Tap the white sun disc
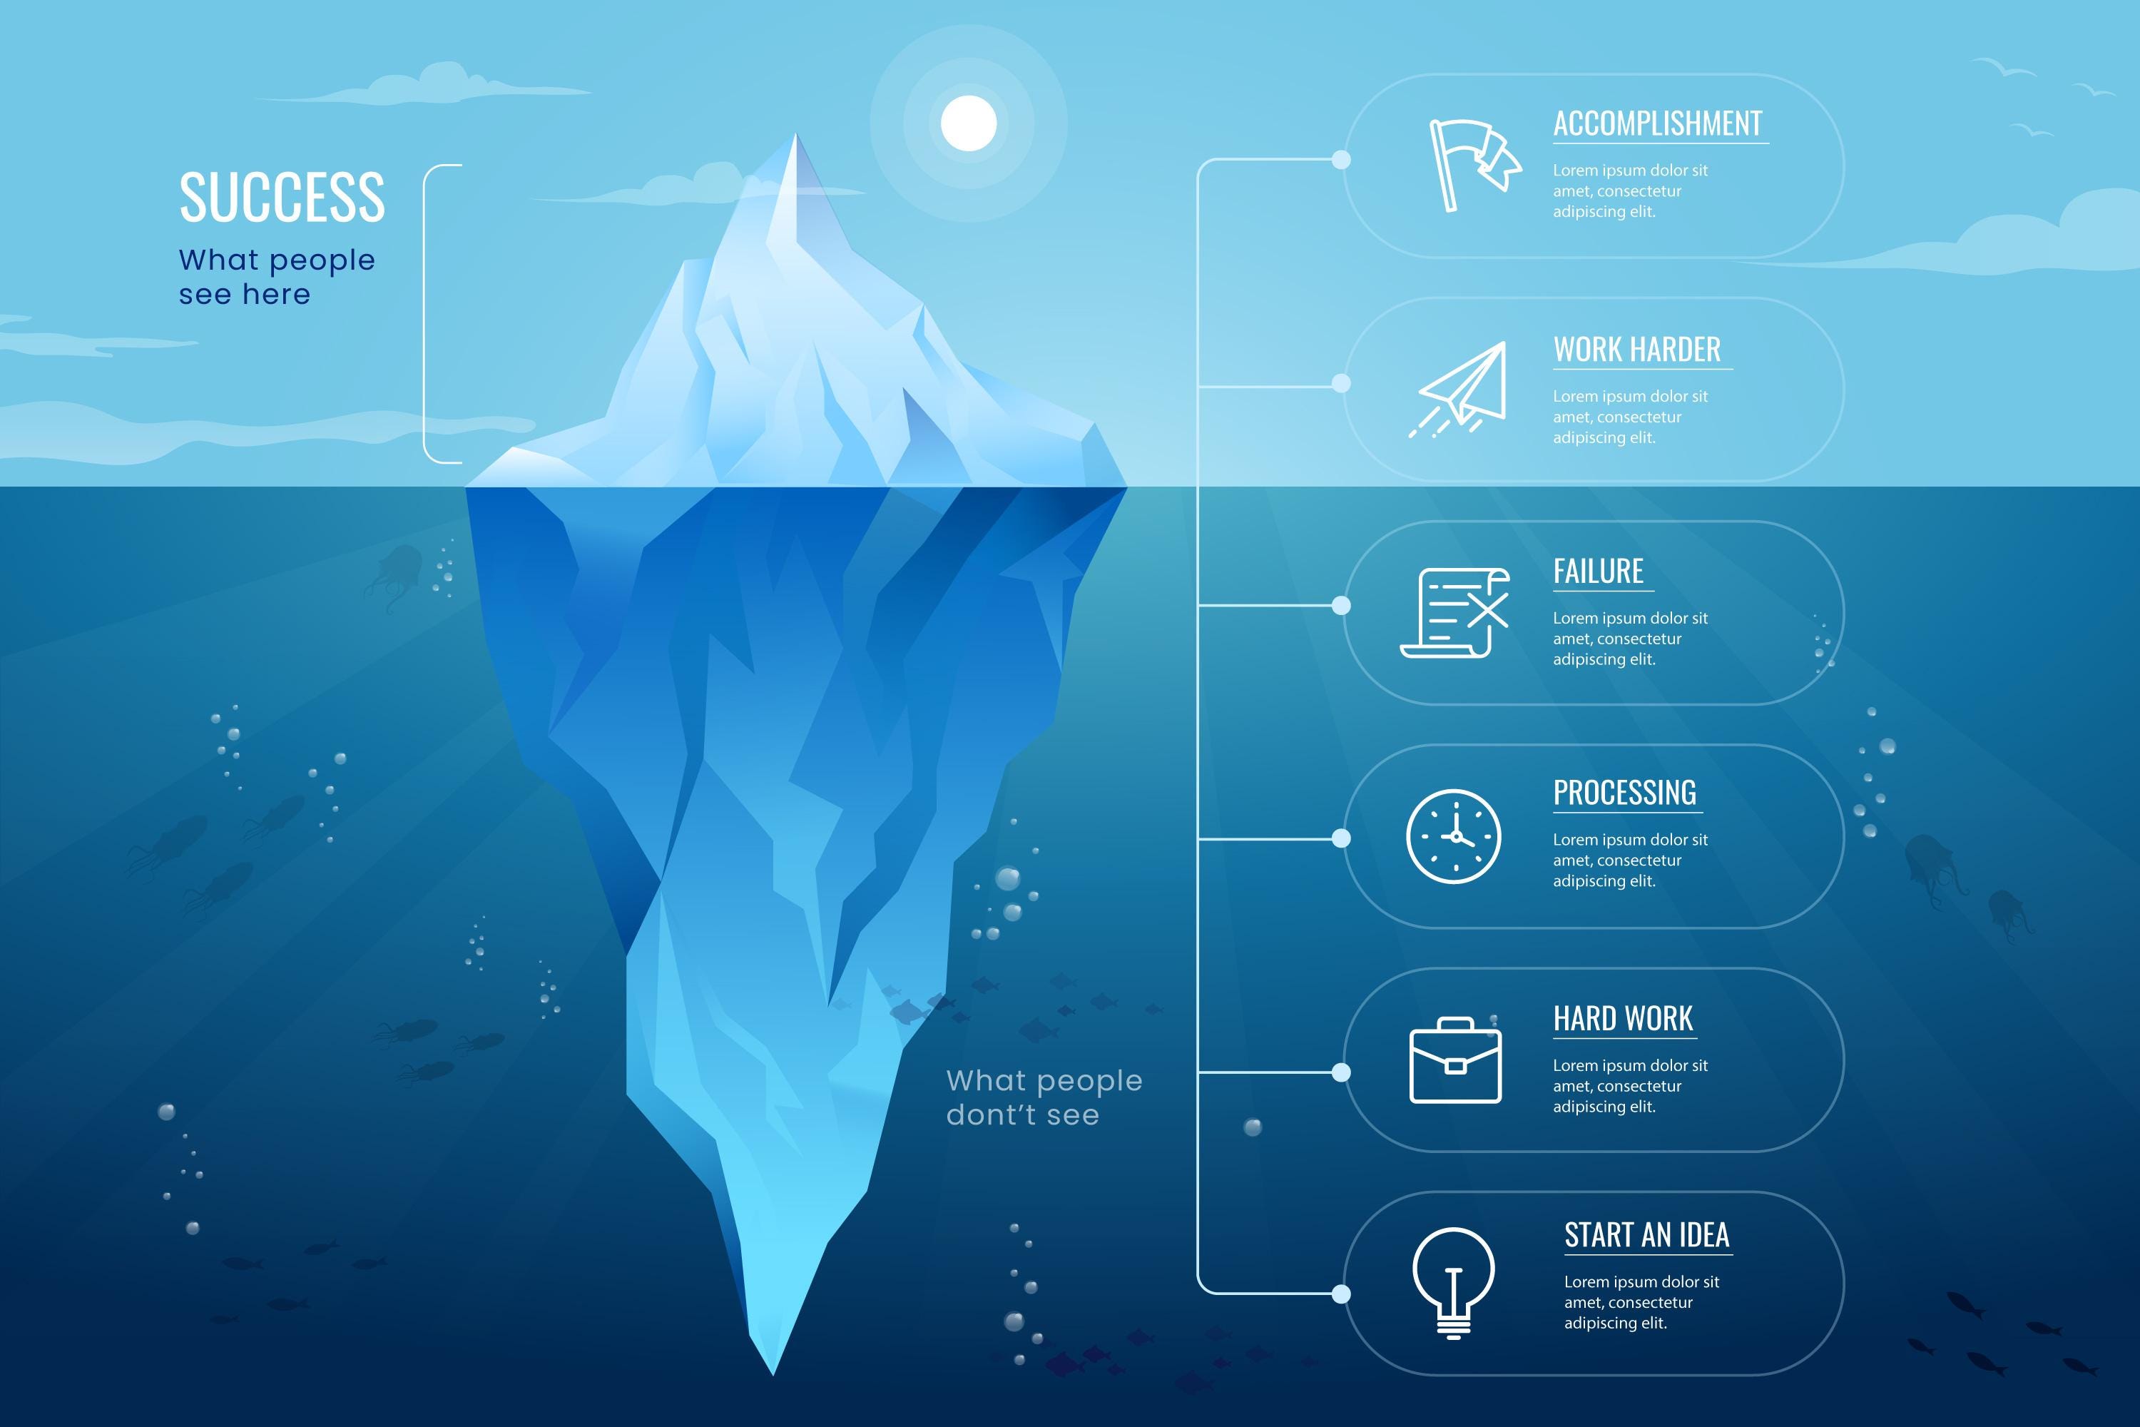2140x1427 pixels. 968,123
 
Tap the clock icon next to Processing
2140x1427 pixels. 1453,836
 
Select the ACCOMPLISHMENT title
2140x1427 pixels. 1657,123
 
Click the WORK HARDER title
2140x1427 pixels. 1637,350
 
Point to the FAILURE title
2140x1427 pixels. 1598,572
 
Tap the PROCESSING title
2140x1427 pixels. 1624,793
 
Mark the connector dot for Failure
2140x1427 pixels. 1341,605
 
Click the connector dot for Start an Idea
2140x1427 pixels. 1341,1293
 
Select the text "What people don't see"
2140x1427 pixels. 1044,1097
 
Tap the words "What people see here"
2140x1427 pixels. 277,277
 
